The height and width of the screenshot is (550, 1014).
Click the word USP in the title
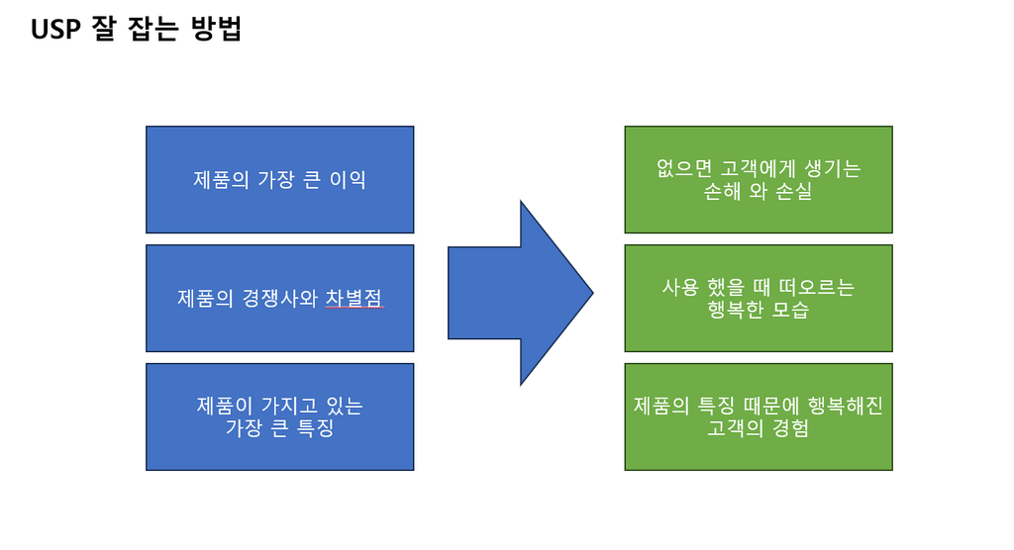[x=55, y=29]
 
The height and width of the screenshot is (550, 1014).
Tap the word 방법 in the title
[x=216, y=29]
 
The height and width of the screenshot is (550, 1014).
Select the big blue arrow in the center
[x=521, y=293]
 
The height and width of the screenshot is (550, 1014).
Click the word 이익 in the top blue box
[x=348, y=180]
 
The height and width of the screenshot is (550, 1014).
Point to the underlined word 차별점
[x=354, y=298]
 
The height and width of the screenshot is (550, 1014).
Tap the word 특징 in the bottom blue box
[x=316, y=428]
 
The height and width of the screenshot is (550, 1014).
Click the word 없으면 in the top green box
[x=684, y=169]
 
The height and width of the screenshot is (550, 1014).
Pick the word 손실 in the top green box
[x=793, y=191]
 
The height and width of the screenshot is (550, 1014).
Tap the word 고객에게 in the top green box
[x=759, y=169]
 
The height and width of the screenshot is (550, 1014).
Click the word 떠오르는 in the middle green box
[x=817, y=287]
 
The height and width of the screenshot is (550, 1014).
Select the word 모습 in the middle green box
[x=790, y=310]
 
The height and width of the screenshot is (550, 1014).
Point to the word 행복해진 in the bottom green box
[x=846, y=406]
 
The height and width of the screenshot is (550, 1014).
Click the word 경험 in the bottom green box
[x=790, y=428]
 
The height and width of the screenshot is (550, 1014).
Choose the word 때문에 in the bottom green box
[x=771, y=406]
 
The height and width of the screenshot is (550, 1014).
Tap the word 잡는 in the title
[x=153, y=29]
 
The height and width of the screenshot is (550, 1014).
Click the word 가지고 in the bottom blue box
[x=280, y=406]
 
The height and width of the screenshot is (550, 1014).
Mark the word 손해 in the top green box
[x=722, y=191]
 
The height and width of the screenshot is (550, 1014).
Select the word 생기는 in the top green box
[x=832, y=169]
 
